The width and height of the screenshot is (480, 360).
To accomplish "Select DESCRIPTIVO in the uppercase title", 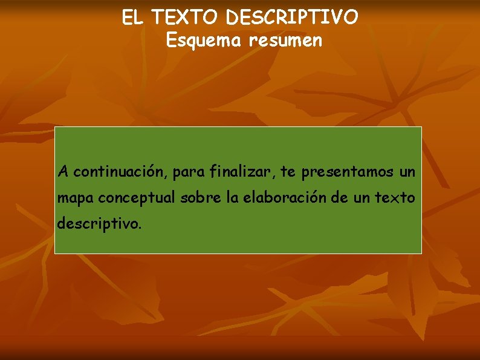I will coord(292,18).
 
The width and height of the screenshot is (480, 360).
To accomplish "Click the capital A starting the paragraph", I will coord(63,172).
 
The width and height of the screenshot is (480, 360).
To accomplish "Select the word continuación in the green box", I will coord(120,172).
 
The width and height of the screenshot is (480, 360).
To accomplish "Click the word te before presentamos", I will coord(288,172).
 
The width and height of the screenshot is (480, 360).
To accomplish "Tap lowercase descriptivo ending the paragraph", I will coord(99,224).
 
